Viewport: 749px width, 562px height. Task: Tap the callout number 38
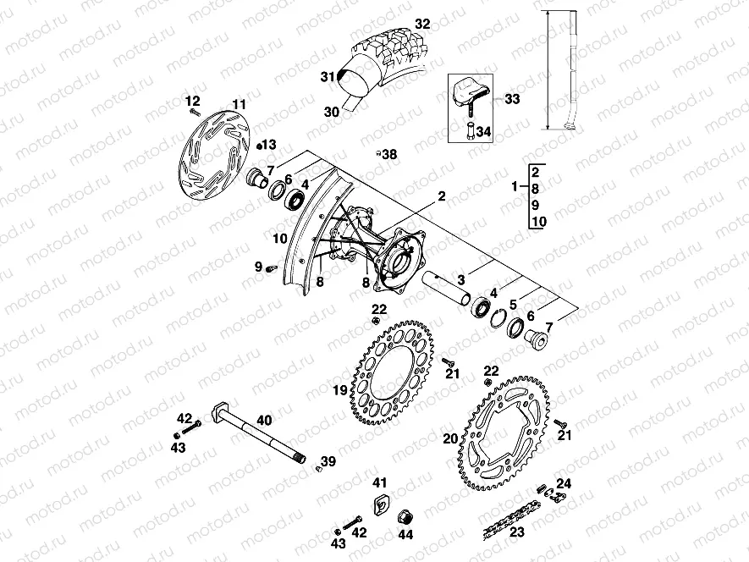(388, 154)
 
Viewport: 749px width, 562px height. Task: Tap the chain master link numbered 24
(555, 494)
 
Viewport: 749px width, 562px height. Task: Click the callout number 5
(514, 302)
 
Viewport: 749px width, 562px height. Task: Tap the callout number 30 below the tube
(331, 110)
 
